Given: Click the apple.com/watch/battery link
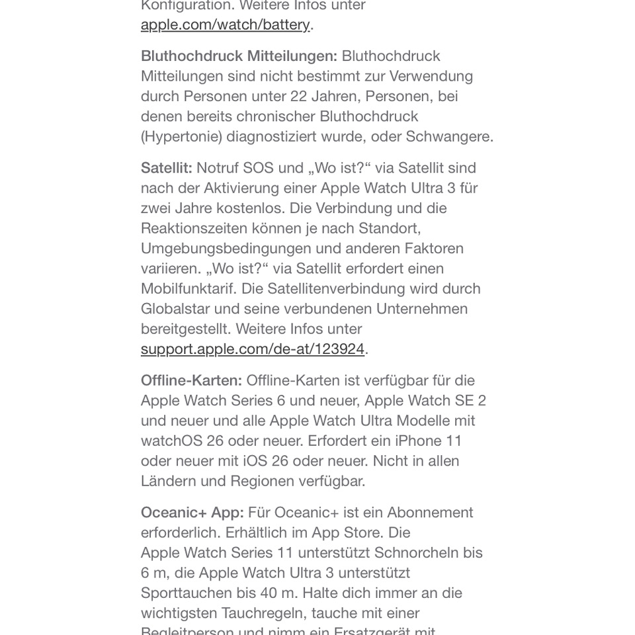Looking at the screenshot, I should pyautogui.click(x=225, y=25).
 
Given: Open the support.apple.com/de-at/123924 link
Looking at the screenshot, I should pyautogui.click(x=252, y=349).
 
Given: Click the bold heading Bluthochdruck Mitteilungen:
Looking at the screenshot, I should pyautogui.click(x=239, y=56).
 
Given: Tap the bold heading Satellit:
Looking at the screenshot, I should pyautogui.click(x=166, y=169).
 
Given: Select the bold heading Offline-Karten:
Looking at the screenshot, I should pyautogui.click(x=191, y=381).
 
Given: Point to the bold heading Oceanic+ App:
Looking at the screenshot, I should pyautogui.click(x=192, y=513).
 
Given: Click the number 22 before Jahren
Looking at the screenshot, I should pyautogui.click(x=299, y=97).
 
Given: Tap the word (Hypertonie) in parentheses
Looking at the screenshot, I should pyautogui.click(x=181, y=137).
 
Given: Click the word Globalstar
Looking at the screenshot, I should pyautogui.click(x=175, y=310).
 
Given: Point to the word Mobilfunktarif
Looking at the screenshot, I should pyautogui.click(x=188, y=289).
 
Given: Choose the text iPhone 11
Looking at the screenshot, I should pyautogui.click(x=429, y=441).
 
